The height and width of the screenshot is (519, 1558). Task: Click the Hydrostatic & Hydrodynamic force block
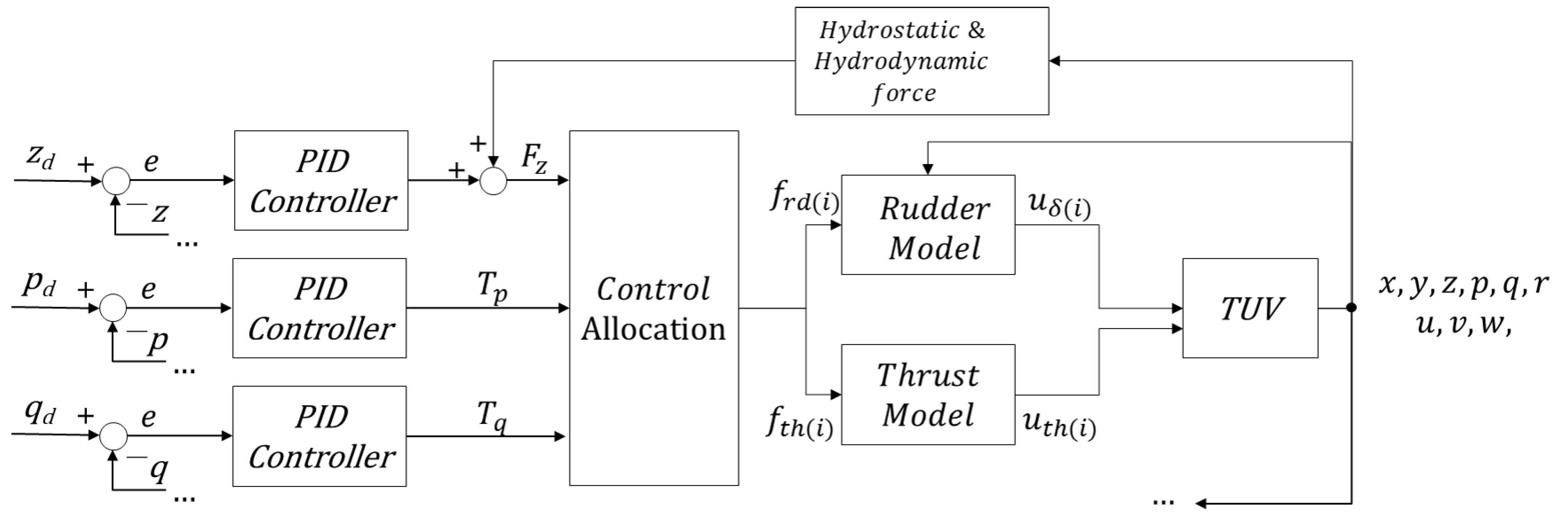[x=921, y=61]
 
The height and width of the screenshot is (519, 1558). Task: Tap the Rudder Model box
[x=928, y=225]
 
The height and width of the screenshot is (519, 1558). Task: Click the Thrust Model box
[x=928, y=394]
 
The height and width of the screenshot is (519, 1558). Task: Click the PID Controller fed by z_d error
[x=321, y=180]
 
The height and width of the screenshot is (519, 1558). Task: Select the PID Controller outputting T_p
[x=319, y=308]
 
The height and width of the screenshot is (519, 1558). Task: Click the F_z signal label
[x=534, y=159]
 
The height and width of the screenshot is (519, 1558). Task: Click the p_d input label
[x=38, y=284]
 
